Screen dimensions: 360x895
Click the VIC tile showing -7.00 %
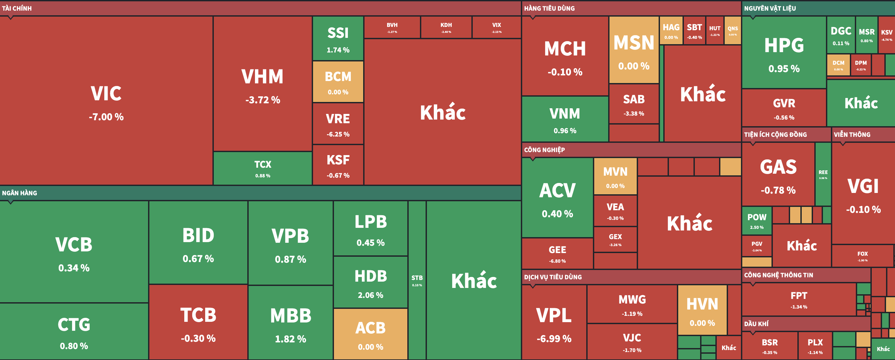click(x=106, y=101)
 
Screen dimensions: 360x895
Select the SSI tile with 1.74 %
click(x=338, y=39)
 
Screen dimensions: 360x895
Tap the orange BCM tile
click(x=338, y=82)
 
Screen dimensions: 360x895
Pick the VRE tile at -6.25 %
click(x=338, y=124)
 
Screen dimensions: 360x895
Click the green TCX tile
click(x=262, y=168)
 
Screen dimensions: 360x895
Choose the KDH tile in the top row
click(x=446, y=28)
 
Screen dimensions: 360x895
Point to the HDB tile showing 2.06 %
click(x=370, y=283)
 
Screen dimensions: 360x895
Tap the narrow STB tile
click(x=417, y=280)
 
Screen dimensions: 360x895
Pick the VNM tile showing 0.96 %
click(x=565, y=120)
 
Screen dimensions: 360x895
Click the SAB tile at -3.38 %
click(x=634, y=104)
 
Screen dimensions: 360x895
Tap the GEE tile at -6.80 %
click(x=557, y=254)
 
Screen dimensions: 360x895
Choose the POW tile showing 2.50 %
click(x=757, y=221)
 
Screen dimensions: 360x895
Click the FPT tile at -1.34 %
click(x=799, y=300)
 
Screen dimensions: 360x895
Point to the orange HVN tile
click(x=702, y=310)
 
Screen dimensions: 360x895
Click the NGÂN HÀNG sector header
click(x=20, y=193)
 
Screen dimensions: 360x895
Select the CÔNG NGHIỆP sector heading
click(x=544, y=150)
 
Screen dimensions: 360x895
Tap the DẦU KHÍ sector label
click(x=756, y=324)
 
